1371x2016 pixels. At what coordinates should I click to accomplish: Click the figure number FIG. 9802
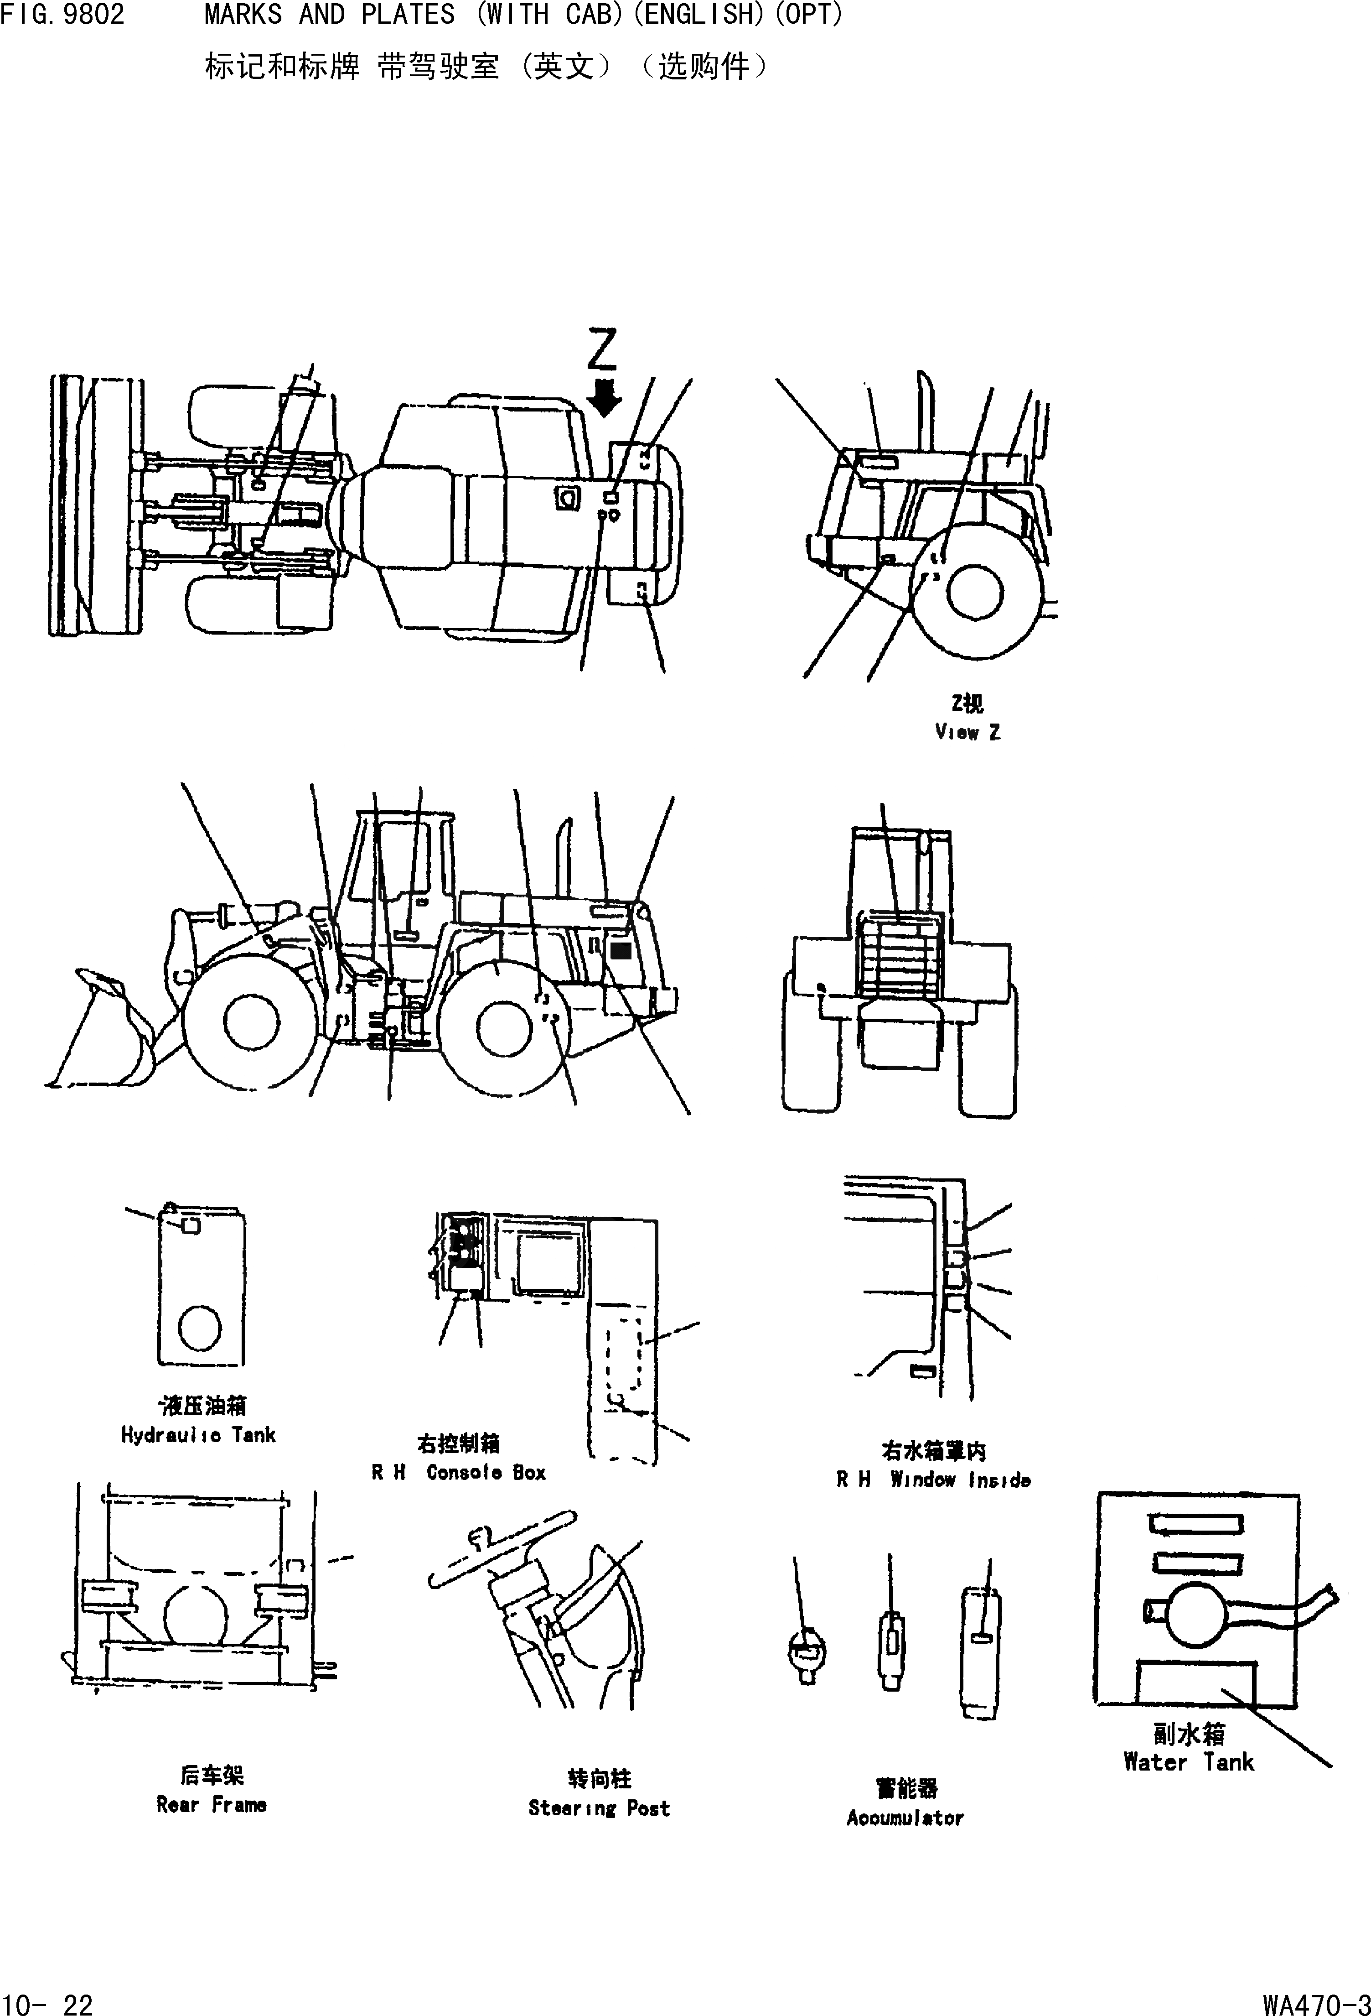click(62, 15)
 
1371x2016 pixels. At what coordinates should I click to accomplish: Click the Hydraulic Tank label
click(199, 1435)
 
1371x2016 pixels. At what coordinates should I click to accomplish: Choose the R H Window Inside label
click(933, 1480)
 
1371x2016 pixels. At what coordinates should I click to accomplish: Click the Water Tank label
click(1188, 1762)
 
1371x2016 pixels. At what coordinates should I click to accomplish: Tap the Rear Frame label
click(211, 1804)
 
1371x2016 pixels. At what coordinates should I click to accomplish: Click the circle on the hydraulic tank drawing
click(200, 1327)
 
